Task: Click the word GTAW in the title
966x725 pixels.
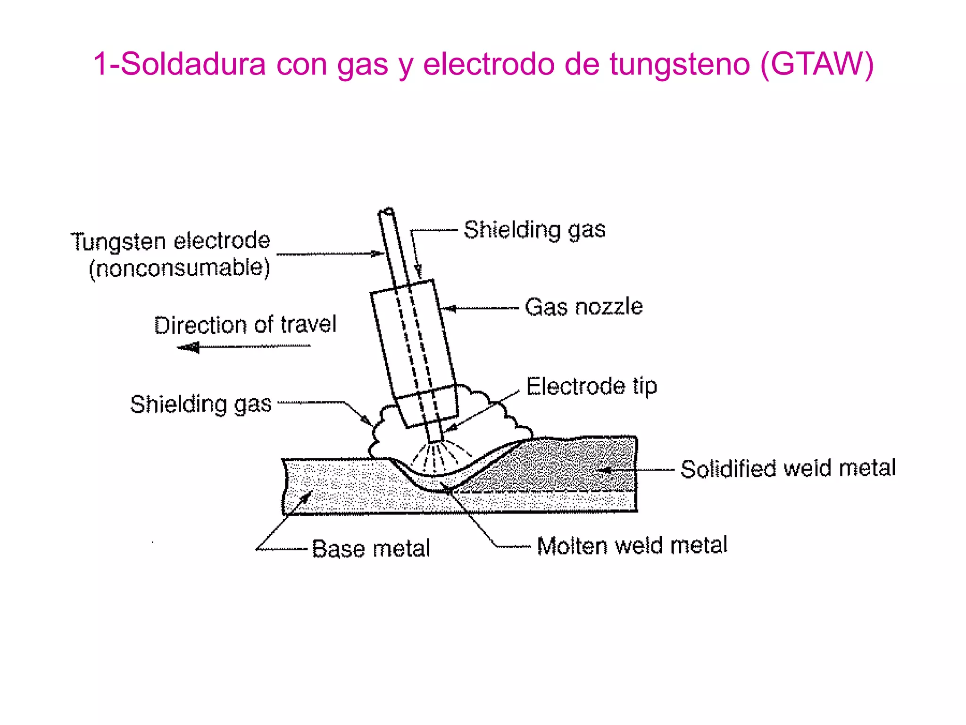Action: click(818, 64)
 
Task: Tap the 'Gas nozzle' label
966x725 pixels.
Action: click(584, 307)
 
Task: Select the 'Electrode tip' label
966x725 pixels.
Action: click(591, 387)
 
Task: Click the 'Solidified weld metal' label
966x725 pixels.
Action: click(788, 469)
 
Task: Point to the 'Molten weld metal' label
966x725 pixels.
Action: click(632, 546)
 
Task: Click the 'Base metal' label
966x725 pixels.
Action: click(371, 548)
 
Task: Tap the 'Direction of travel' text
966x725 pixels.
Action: click(245, 325)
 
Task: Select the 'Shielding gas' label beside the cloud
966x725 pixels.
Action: click(201, 405)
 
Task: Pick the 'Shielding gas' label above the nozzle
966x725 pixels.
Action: click(534, 230)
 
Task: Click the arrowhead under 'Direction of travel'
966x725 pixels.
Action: click(188, 348)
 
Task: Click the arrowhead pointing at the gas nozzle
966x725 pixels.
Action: click(450, 309)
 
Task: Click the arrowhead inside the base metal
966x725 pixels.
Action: click(307, 497)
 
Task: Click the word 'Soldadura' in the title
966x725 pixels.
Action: click(193, 64)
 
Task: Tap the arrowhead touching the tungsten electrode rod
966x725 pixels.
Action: click(378, 253)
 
